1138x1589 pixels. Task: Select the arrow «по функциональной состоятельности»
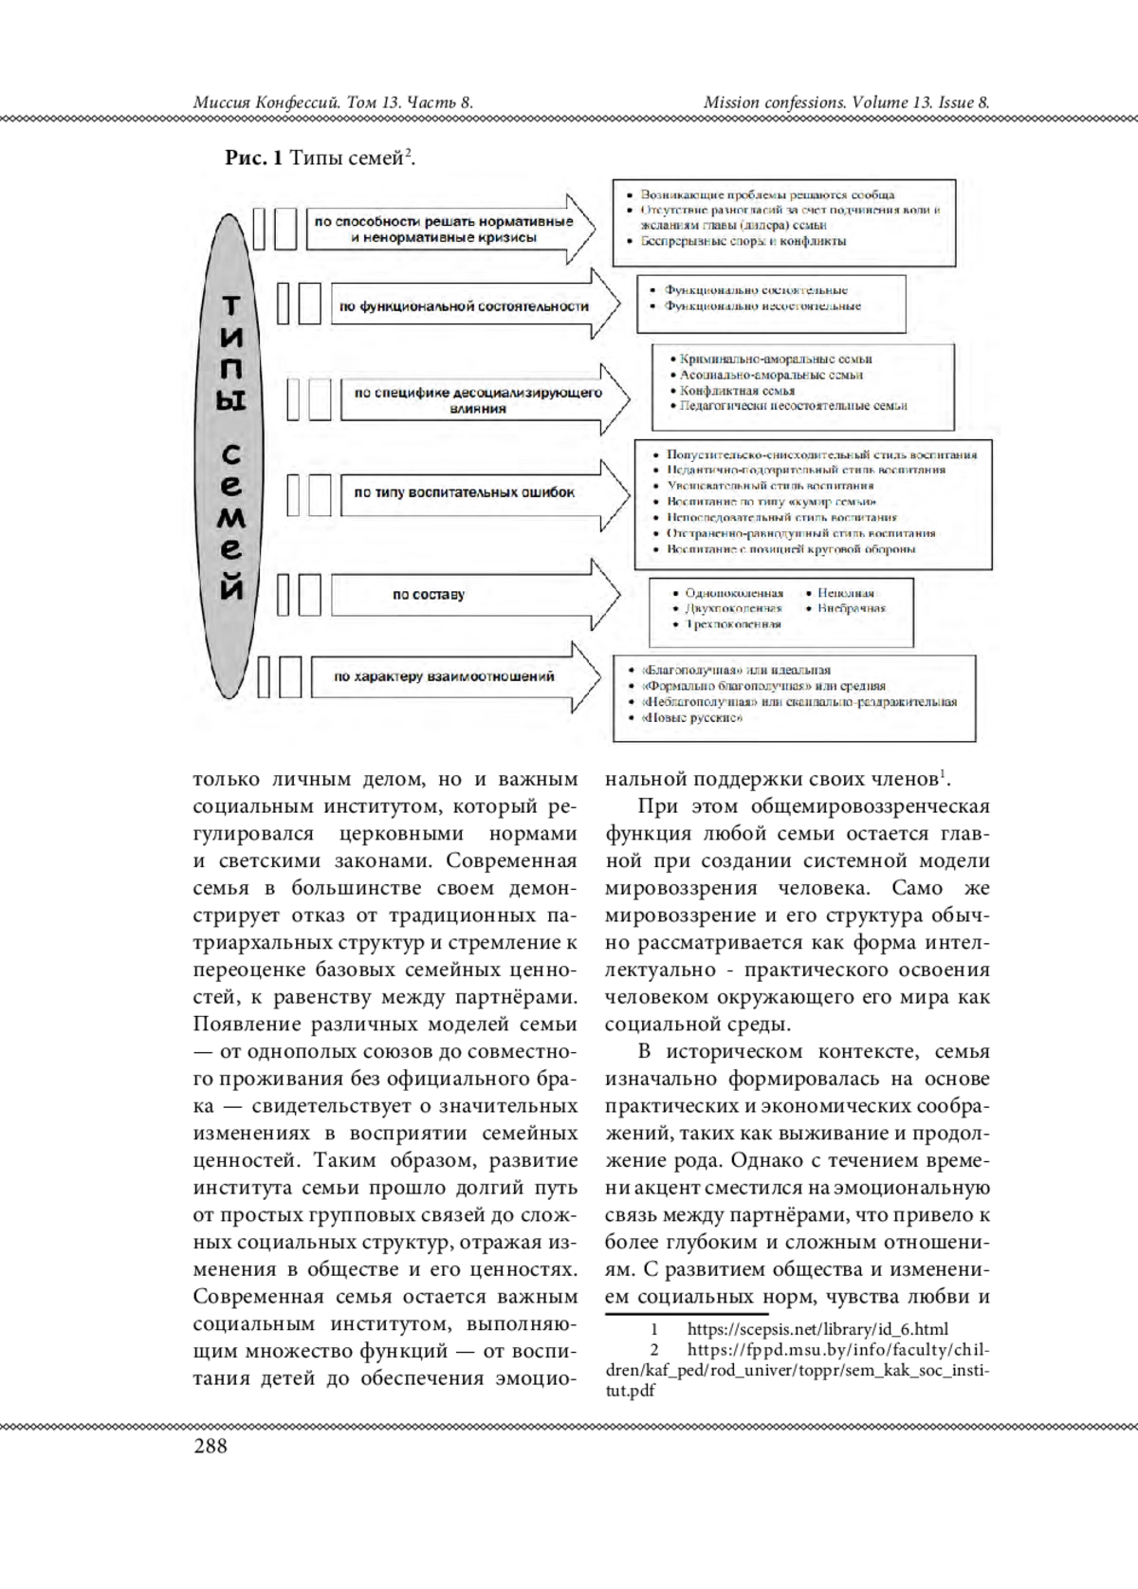(464, 306)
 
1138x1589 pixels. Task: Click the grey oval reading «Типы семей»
(232, 451)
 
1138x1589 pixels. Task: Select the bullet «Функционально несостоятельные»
(762, 306)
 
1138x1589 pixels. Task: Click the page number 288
(211, 1446)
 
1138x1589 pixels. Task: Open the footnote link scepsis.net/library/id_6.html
(817, 1329)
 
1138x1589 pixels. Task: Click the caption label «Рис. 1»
(253, 158)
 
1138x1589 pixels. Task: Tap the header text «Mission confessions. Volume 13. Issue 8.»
(847, 102)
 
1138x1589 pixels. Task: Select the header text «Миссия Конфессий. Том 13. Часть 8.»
(333, 102)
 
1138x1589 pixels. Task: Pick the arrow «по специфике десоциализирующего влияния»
(477, 400)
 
